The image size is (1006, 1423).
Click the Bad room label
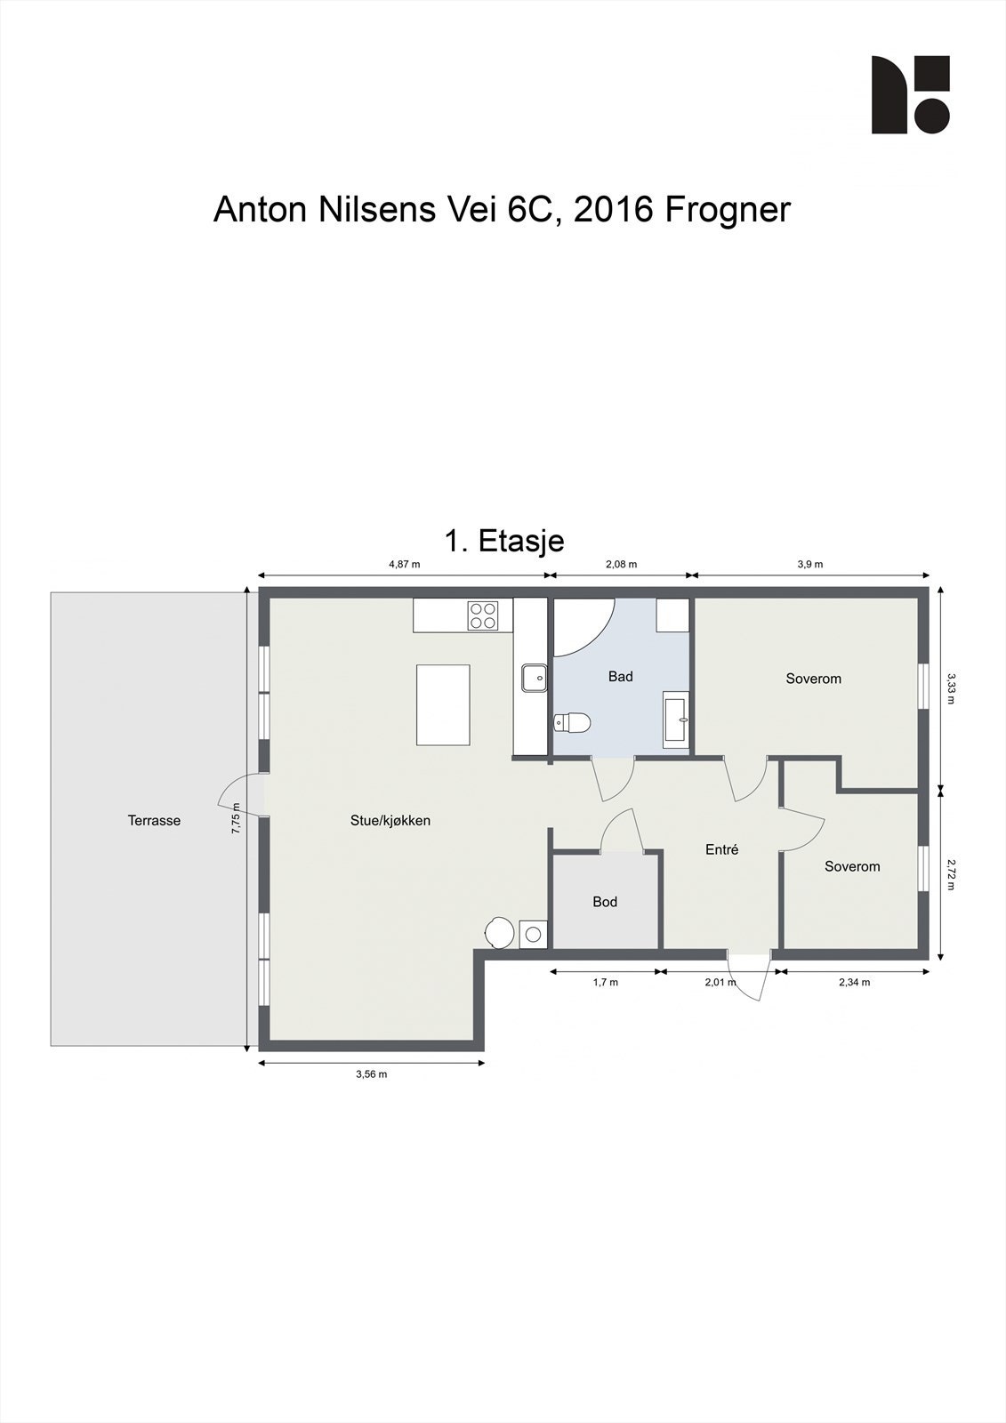click(620, 677)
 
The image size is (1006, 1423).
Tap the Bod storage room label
click(605, 902)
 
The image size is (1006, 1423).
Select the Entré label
click(721, 849)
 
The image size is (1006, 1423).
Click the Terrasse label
click(154, 820)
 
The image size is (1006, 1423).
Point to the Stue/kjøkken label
click(390, 820)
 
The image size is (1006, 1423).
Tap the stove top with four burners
click(483, 615)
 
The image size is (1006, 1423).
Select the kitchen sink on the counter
click(535, 678)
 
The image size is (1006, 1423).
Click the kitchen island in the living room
click(443, 704)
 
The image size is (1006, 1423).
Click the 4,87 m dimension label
click(404, 564)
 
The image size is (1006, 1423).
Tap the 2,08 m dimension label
click(621, 564)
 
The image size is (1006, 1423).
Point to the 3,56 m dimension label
click(371, 1074)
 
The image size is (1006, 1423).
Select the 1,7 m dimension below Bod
click(605, 982)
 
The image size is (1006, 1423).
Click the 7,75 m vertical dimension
click(236, 817)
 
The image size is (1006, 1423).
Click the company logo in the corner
click(909, 94)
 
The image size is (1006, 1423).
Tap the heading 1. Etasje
click(503, 540)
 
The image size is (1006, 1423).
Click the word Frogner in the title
click(727, 210)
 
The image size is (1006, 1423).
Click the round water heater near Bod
click(498, 932)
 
